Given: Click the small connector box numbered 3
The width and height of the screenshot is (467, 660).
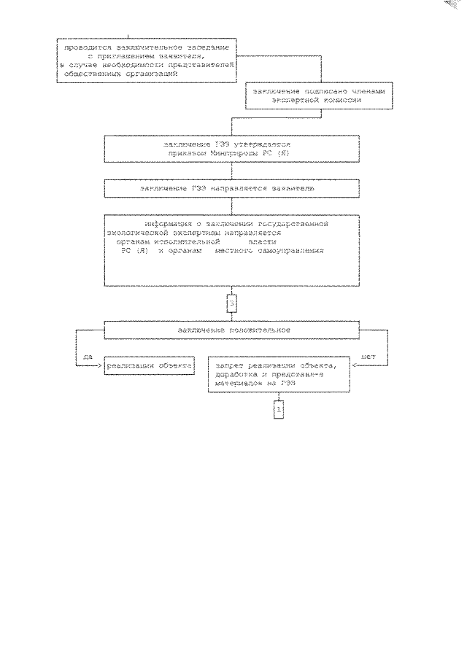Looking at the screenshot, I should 232,301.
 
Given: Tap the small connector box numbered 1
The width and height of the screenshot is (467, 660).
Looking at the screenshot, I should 278,411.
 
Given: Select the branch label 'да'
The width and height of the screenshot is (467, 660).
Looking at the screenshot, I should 87,357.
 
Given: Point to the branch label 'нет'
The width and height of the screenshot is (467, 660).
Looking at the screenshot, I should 368,357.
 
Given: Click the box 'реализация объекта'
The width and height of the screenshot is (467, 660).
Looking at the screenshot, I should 149,365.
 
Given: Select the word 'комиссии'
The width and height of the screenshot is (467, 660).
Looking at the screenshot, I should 337,102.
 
